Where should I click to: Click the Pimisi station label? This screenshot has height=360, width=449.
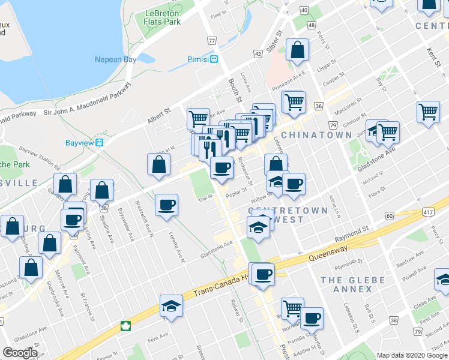pos(196,59)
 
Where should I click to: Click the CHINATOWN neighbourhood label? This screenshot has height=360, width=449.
pos(316,135)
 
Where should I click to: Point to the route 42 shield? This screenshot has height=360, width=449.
pos(258,54)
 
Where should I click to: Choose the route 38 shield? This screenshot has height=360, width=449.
pos(393,321)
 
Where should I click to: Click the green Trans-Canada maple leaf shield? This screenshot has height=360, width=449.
pos(126,326)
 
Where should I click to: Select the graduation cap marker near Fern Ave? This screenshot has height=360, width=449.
pos(171,307)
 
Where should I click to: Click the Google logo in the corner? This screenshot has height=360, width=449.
pos(20,353)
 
